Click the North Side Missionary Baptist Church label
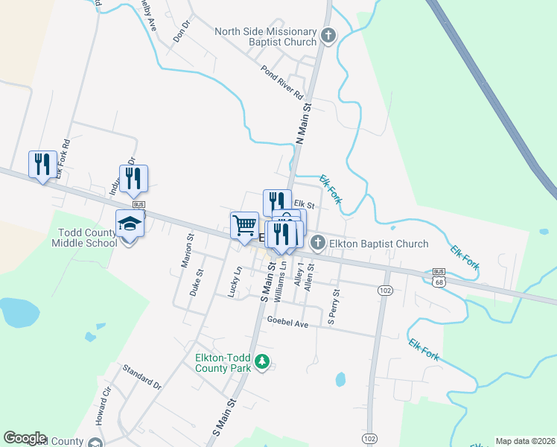click(266, 37)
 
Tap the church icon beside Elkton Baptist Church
click(318, 243)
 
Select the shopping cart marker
click(244, 226)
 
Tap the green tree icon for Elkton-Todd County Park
click(261, 362)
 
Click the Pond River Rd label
click(282, 83)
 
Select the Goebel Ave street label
click(287, 323)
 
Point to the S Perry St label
click(334, 307)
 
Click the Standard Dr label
click(141, 376)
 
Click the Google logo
click(25, 438)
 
